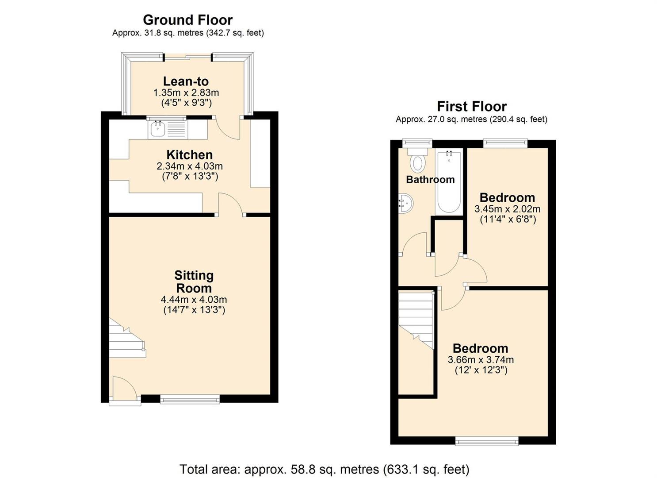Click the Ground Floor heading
188,20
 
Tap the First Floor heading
472,106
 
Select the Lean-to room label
186,81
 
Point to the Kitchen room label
190,155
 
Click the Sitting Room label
194,281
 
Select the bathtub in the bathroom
449,181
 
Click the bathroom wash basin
405,203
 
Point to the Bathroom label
430,179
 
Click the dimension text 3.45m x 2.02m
508,209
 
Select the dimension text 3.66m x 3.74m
481,360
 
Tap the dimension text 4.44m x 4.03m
194,300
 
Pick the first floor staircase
416,320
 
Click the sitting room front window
190,399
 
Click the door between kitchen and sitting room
230,204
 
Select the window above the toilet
417,143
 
